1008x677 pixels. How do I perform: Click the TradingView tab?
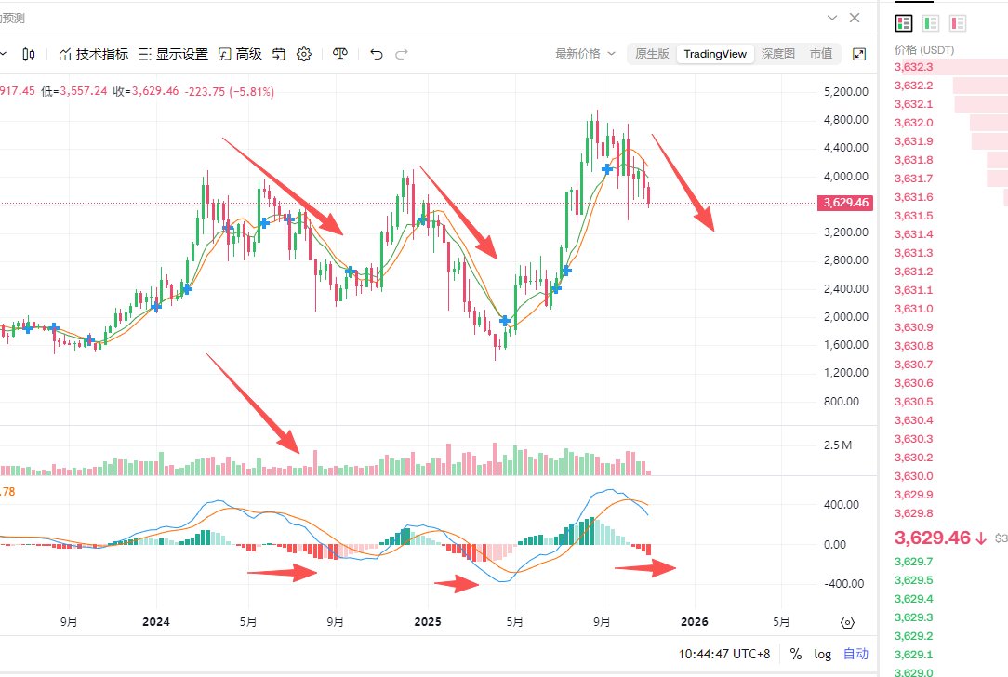[715, 54]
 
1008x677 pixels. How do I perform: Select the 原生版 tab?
[652, 54]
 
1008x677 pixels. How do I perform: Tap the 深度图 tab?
[777, 54]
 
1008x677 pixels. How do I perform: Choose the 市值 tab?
[821, 54]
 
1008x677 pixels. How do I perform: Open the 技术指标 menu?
[93, 54]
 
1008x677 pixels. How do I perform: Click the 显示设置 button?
[173, 54]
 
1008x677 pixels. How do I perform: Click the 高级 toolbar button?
[240, 54]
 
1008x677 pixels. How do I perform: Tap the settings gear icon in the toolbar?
[303, 54]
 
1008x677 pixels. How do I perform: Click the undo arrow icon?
[377, 54]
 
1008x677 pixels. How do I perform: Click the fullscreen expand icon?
[859, 54]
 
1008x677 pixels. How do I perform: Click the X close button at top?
[855, 18]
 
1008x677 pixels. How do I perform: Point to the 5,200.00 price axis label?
[845, 92]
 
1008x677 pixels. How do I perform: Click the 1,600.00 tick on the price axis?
[845, 345]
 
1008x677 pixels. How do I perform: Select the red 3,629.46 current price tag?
[846, 203]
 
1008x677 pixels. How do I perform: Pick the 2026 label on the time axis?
[695, 622]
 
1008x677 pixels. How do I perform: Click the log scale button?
[822, 654]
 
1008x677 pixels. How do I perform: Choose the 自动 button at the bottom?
[855, 654]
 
